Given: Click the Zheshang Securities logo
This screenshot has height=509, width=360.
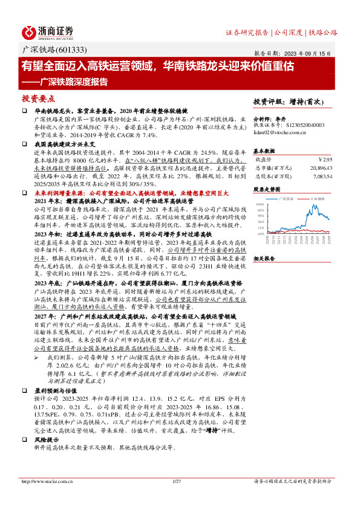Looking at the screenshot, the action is tap(48, 31).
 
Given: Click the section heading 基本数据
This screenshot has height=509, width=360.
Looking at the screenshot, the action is tap(264, 151).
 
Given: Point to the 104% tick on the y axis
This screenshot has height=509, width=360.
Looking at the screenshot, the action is tap(260, 204).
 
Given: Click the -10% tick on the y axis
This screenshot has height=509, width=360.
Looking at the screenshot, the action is tap(260, 233).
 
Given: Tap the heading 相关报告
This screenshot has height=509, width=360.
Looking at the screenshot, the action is tap(264, 258).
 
